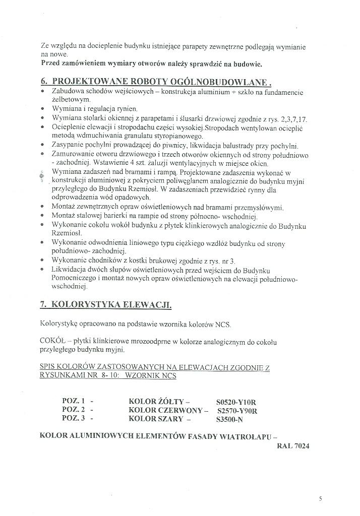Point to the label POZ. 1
point(74,401)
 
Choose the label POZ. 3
point(74,418)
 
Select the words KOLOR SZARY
point(156,418)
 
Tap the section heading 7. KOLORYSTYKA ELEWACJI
point(105,305)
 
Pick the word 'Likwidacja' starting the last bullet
point(69,270)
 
